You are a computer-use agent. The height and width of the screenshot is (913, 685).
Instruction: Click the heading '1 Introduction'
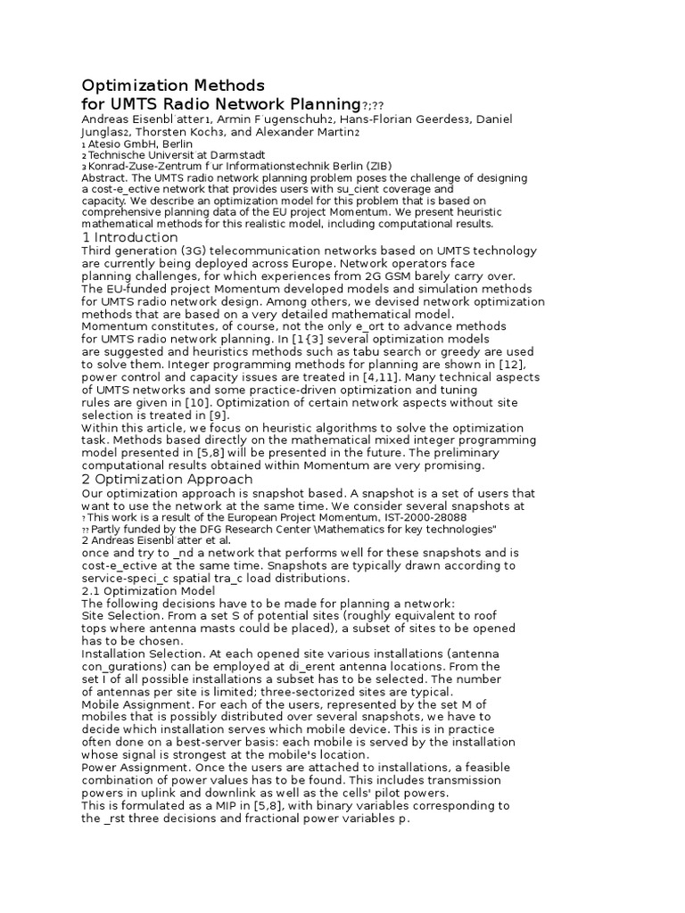point(129,238)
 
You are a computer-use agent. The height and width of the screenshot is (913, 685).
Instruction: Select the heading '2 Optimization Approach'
point(167,480)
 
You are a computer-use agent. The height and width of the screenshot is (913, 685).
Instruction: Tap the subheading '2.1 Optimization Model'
point(148,591)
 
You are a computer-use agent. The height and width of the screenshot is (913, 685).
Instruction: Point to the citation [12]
point(516,365)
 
